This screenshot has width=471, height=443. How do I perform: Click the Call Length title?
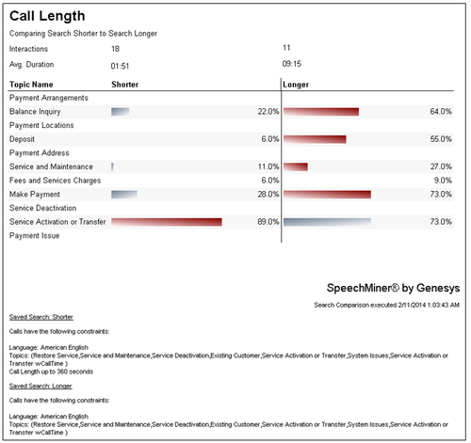click(x=47, y=16)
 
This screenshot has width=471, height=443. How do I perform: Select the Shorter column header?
click(x=125, y=85)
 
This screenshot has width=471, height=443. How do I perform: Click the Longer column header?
click(x=296, y=85)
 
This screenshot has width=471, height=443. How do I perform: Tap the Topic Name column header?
click(x=31, y=85)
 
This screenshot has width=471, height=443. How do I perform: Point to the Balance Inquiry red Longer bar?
click(x=321, y=112)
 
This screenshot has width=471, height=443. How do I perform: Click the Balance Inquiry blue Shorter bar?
click(x=121, y=112)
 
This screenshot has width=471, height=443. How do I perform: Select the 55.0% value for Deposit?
click(x=441, y=139)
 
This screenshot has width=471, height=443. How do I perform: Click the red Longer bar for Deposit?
click(x=315, y=139)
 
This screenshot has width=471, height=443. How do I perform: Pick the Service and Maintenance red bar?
click(x=296, y=166)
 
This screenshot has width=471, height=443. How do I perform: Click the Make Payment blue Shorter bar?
click(x=124, y=195)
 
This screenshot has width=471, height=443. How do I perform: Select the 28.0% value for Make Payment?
click(x=268, y=195)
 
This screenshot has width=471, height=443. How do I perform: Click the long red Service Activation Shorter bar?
click(x=167, y=222)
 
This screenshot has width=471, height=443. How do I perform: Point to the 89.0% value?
click(x=268, y=222)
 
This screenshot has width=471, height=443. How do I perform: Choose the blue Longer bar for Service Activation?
click(x=327, y=222)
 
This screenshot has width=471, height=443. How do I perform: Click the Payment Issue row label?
click(x=35, y=236)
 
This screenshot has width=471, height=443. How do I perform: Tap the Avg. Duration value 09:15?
click(x=292, y=64)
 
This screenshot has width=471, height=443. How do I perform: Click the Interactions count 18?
click(x=115, y=49)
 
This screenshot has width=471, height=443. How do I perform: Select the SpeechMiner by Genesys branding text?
click(x=393, y=288)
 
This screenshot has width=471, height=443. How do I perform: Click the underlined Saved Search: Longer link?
click(x=41, y=386)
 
